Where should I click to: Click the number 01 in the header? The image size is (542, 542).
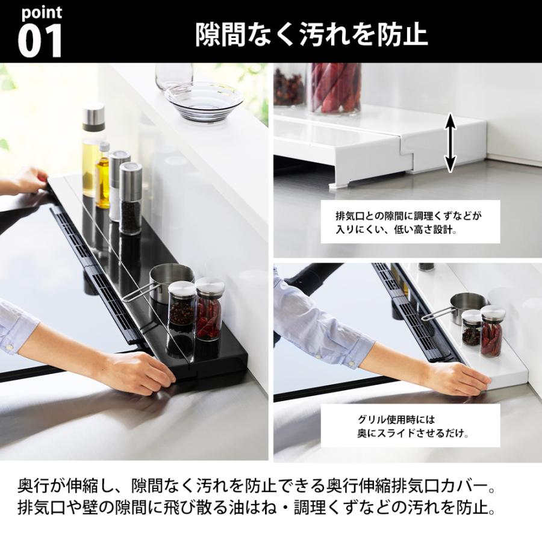(40, 42)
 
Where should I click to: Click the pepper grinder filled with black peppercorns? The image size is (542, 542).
(131, 199)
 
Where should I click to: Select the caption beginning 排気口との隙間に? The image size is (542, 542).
(410, 223)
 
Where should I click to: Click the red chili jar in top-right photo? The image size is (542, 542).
(335, 88)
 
